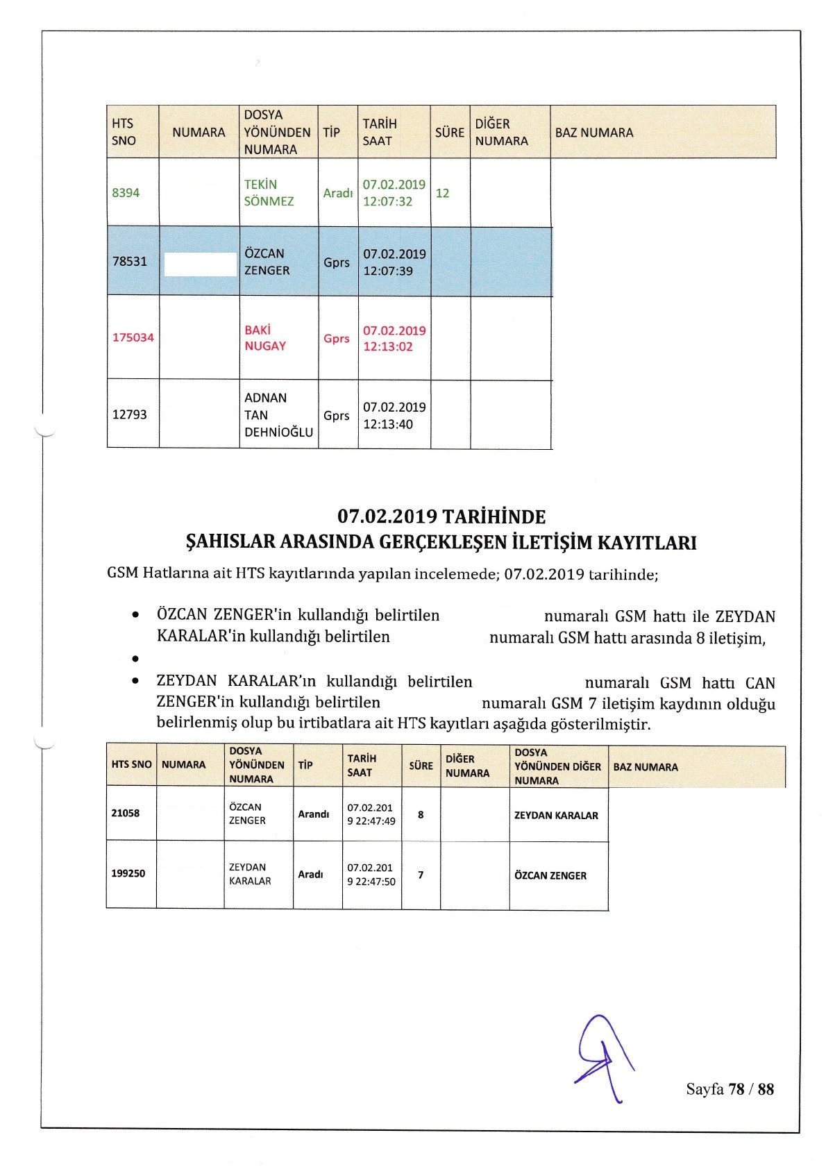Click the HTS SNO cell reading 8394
coord(126,193)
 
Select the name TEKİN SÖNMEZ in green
coord(269,193)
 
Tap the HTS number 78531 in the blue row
coord(130,262)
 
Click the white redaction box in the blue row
coord(200,264)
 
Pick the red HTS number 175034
coord(133,338)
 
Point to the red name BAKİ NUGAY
coord(265,338)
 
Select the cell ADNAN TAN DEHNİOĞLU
coord(278,415)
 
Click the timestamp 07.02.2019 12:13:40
coord(394,416)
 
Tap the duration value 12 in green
coord(442,193)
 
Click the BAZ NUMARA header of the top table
coord(594,133)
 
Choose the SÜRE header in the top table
coord(449,132)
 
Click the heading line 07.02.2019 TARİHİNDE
coord(441,516)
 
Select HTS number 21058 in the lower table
coord(126,813)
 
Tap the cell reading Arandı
coord(313,814)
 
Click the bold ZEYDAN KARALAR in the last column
coord(556,816)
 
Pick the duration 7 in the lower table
coord(421,875)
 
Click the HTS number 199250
coord(128,873)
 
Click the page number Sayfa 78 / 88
coord(730,1089)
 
